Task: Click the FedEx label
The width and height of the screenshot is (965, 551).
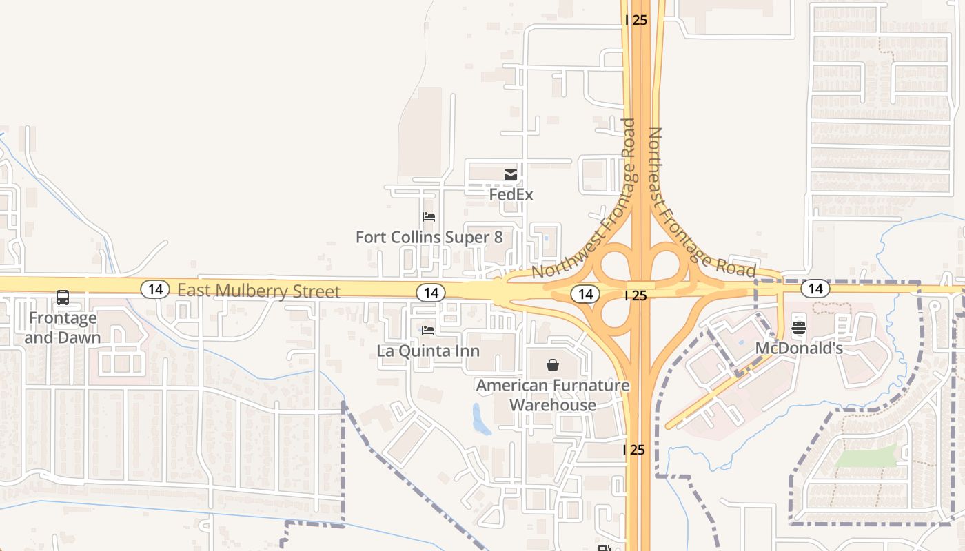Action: pos(511,195)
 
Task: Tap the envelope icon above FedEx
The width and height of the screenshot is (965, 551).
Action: pos(511,175)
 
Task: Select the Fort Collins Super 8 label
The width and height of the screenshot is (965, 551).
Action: pos(429,238)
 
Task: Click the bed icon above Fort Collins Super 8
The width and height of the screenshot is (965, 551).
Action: pos(429,217)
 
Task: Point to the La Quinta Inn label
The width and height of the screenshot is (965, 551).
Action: pos(428,351)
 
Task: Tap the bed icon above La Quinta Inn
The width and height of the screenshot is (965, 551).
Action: pos(428,331)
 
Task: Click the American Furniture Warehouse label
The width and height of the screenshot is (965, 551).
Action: pos(553,395)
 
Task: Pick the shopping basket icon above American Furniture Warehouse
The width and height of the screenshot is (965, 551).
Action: pos(553,364)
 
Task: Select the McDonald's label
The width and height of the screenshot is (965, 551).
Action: pos(799,349)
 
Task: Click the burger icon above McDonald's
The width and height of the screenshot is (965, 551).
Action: pos(799,327)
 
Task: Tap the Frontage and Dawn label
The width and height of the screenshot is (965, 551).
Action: pos(62,328)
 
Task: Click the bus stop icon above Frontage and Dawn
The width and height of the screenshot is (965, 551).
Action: pos(63,298)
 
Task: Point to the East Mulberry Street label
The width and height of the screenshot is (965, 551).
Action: pos(258,291)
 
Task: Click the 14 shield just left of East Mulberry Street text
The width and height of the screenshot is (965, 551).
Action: pos(155,289)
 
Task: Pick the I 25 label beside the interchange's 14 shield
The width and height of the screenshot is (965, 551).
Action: pos(636,295)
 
